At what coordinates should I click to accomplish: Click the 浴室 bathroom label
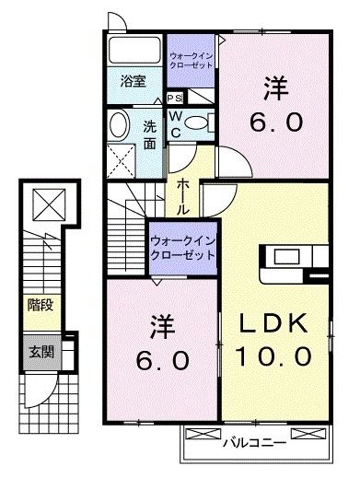pos(134,81)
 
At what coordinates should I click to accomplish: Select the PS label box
pos(175,97)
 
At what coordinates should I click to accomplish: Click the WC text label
pos(179,123)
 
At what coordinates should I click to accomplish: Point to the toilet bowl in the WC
pos(204,123)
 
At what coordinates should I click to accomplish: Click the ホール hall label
pos(183,194)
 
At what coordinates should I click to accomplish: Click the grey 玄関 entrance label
pos(38,351)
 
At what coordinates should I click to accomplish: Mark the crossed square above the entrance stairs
pos(44,202)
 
